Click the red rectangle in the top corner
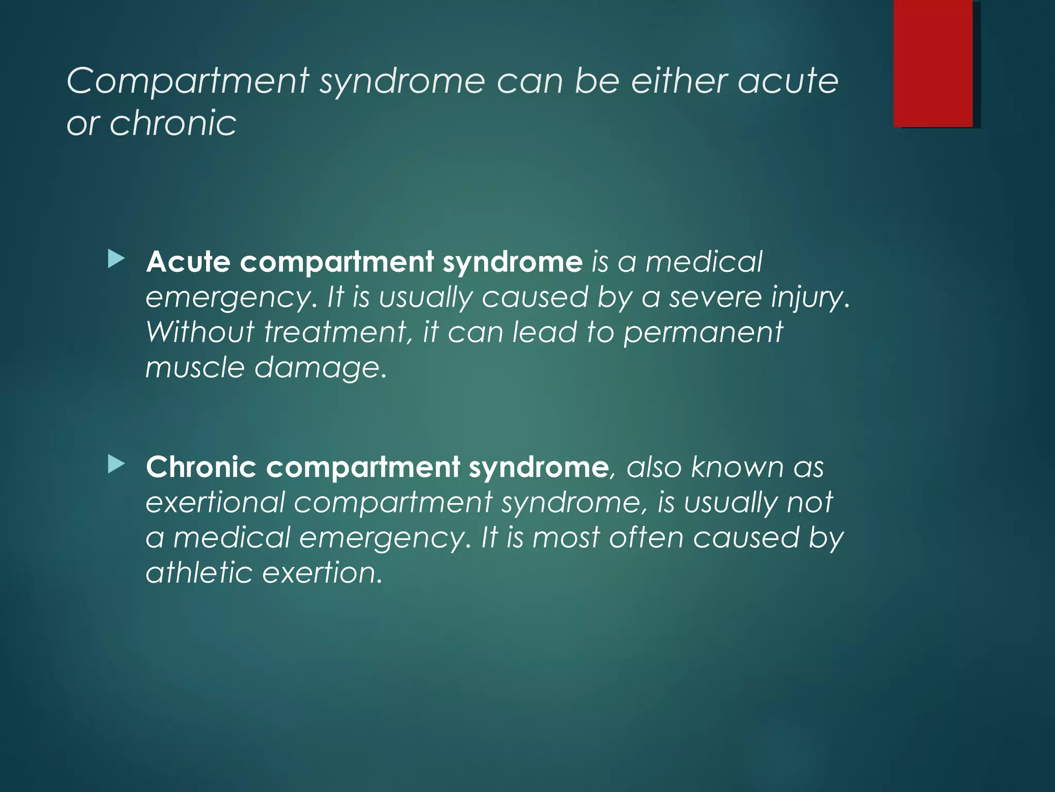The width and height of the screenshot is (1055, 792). [x=933, y=63]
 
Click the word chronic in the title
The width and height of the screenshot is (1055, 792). [x=173, y=124]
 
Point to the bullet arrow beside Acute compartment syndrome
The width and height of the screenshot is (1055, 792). [x=116, y=259]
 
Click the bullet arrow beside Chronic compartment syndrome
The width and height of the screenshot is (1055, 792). [x=116, y=465]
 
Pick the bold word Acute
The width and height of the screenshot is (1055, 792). [x=188, y=262]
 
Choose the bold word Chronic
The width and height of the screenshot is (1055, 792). [x=201, y=467]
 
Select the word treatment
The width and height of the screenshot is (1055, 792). [x=337, y=333]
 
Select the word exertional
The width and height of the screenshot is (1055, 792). [x=215, y=502]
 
